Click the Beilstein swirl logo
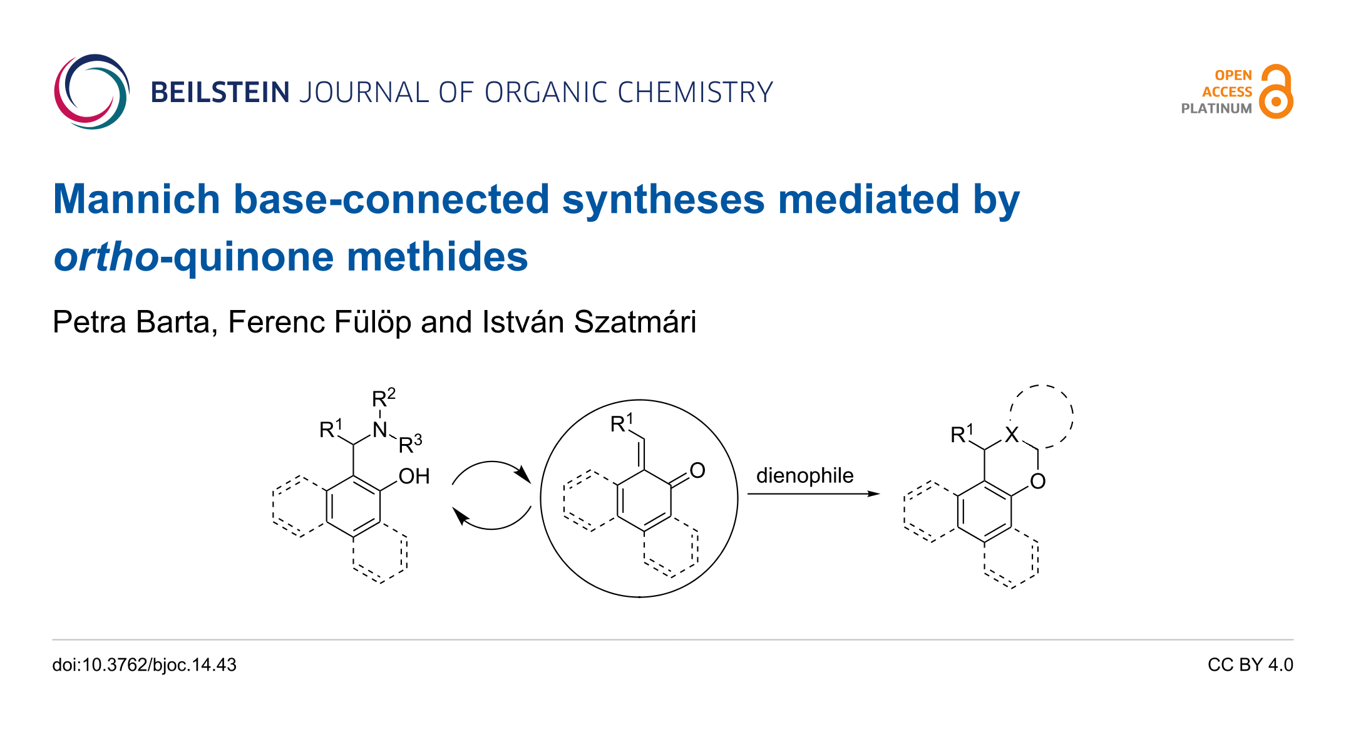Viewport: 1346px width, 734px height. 91,91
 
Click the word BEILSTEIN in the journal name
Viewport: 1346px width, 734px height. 220,93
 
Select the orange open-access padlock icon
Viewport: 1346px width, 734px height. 1277,91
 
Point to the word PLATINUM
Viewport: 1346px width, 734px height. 1216,108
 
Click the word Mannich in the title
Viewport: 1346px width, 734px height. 136,199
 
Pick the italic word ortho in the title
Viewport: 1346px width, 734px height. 106,257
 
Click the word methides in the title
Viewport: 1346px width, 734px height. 438,257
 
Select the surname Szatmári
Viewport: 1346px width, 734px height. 635,322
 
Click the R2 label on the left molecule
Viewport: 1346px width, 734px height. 384,398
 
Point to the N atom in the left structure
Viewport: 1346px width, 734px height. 380,430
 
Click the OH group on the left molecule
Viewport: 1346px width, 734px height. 414,476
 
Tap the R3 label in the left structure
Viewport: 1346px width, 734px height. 410,443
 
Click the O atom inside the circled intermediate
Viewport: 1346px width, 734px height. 697,470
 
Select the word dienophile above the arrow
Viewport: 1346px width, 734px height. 805,475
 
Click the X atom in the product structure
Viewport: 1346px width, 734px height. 1012,435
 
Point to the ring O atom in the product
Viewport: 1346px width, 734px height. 1037,481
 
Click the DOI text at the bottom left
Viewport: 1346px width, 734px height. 145,665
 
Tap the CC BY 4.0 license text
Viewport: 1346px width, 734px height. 1250,664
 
